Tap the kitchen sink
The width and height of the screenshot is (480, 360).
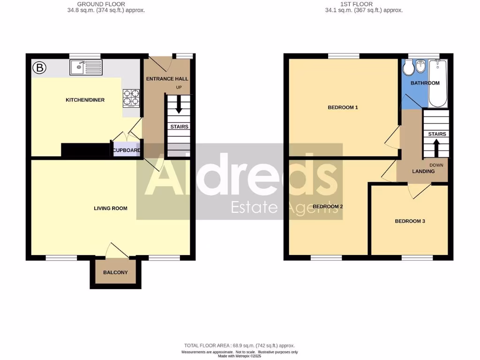(x=85, y=67)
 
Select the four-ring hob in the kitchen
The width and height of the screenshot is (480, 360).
(x=131, y=97)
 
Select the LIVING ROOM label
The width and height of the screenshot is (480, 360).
(x=111, y=209)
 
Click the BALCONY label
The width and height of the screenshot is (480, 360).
(x=115, y=272)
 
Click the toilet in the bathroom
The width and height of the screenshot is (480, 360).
(x=408, y=68)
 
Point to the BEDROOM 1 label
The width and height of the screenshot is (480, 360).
(x=343, y=107)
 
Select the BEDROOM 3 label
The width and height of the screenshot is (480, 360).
(x=410, y=221)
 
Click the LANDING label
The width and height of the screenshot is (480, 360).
(x=423, y=172)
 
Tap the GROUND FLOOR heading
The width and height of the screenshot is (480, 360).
(x=101, y=4)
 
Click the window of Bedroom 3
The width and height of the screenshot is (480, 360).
(x=417, y=257)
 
